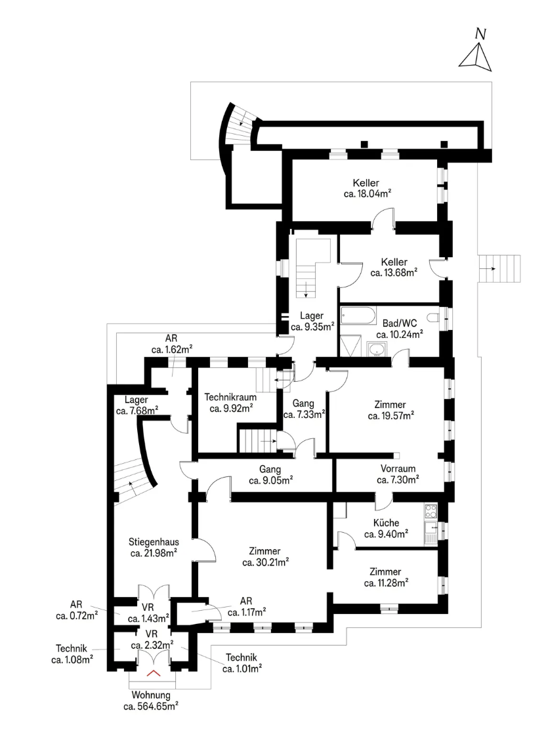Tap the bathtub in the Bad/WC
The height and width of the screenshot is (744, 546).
[358, 316]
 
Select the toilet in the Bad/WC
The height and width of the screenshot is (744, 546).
[434, 318]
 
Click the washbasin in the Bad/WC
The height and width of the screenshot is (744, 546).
[377, 350]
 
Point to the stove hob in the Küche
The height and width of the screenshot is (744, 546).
[430, 511]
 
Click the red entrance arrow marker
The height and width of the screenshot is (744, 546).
[154, 672]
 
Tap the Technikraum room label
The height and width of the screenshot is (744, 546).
[230, 402]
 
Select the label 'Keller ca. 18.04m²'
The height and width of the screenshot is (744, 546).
[367, 188]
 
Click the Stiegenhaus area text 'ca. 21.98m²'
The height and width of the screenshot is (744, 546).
[154, 553]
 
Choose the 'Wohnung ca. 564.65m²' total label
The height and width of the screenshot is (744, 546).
[150, 700]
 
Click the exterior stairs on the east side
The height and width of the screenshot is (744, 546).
[499, 268]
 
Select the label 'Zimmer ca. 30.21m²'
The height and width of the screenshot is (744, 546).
[265, 556]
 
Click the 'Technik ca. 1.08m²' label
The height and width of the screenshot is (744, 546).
[72, 654]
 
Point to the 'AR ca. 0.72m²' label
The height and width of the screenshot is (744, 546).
[76, 610]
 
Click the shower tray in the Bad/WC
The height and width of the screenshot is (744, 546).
[351, 346]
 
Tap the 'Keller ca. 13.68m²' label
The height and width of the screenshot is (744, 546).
[394, 267]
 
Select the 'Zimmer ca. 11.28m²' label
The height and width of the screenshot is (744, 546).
[385, 577]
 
